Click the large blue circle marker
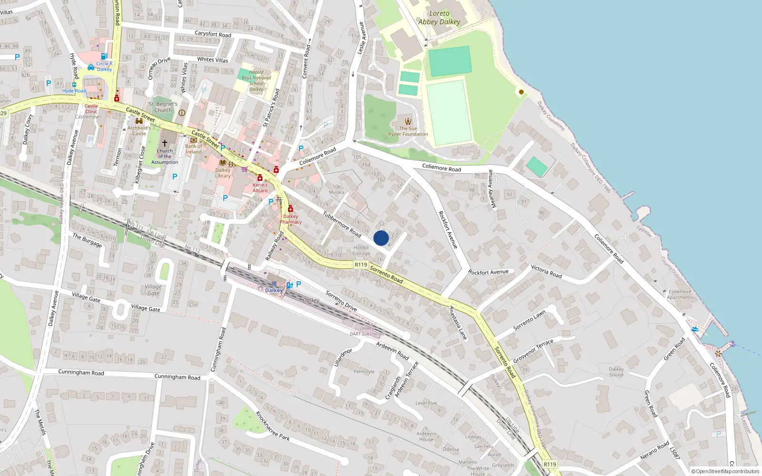pos(381,238)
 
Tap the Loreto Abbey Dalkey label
pos(439,18)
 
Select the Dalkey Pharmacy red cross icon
pos(291,209)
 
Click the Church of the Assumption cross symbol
pos(165,143)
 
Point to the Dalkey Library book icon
pos(222,163)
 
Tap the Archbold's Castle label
pos(139,130)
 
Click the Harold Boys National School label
pos(256,80)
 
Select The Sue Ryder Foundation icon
pos(408,121)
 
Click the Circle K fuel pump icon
pos(104,56)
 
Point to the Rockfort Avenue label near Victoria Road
pos(488,272)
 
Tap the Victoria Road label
pos(546,271)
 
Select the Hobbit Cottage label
pos(361,250)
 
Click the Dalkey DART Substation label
pos(367,331)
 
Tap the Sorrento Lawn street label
pos(529,320)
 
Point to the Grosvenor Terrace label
pos(533,351)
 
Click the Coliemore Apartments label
pos(680,294)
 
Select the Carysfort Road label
pos(213,34)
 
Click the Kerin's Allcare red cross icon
pos(260,178)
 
